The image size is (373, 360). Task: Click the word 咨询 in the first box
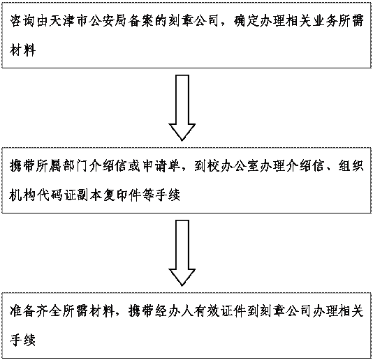tap(23, 21)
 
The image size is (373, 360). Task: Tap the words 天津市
tap(69, 21)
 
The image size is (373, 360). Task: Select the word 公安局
tap(108, 21)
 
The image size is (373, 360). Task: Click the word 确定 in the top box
tap(247, 21)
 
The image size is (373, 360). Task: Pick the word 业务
tap(326, 21)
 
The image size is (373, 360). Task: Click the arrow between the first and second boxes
tap(182, 108)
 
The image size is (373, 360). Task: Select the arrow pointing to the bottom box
tap(182, 253)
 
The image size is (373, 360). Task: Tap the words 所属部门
tap(63, 166)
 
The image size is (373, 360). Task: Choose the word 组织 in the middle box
tap(351, 166)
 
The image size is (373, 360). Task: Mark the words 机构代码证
tap(43, 195)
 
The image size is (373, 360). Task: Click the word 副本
tap(89, 195)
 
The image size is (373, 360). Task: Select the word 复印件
tap(122, 195)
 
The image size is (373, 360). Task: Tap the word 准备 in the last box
tap(23, 310)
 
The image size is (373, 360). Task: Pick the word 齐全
tap(49, 310)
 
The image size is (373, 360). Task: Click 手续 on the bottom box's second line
tap(23, 340)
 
